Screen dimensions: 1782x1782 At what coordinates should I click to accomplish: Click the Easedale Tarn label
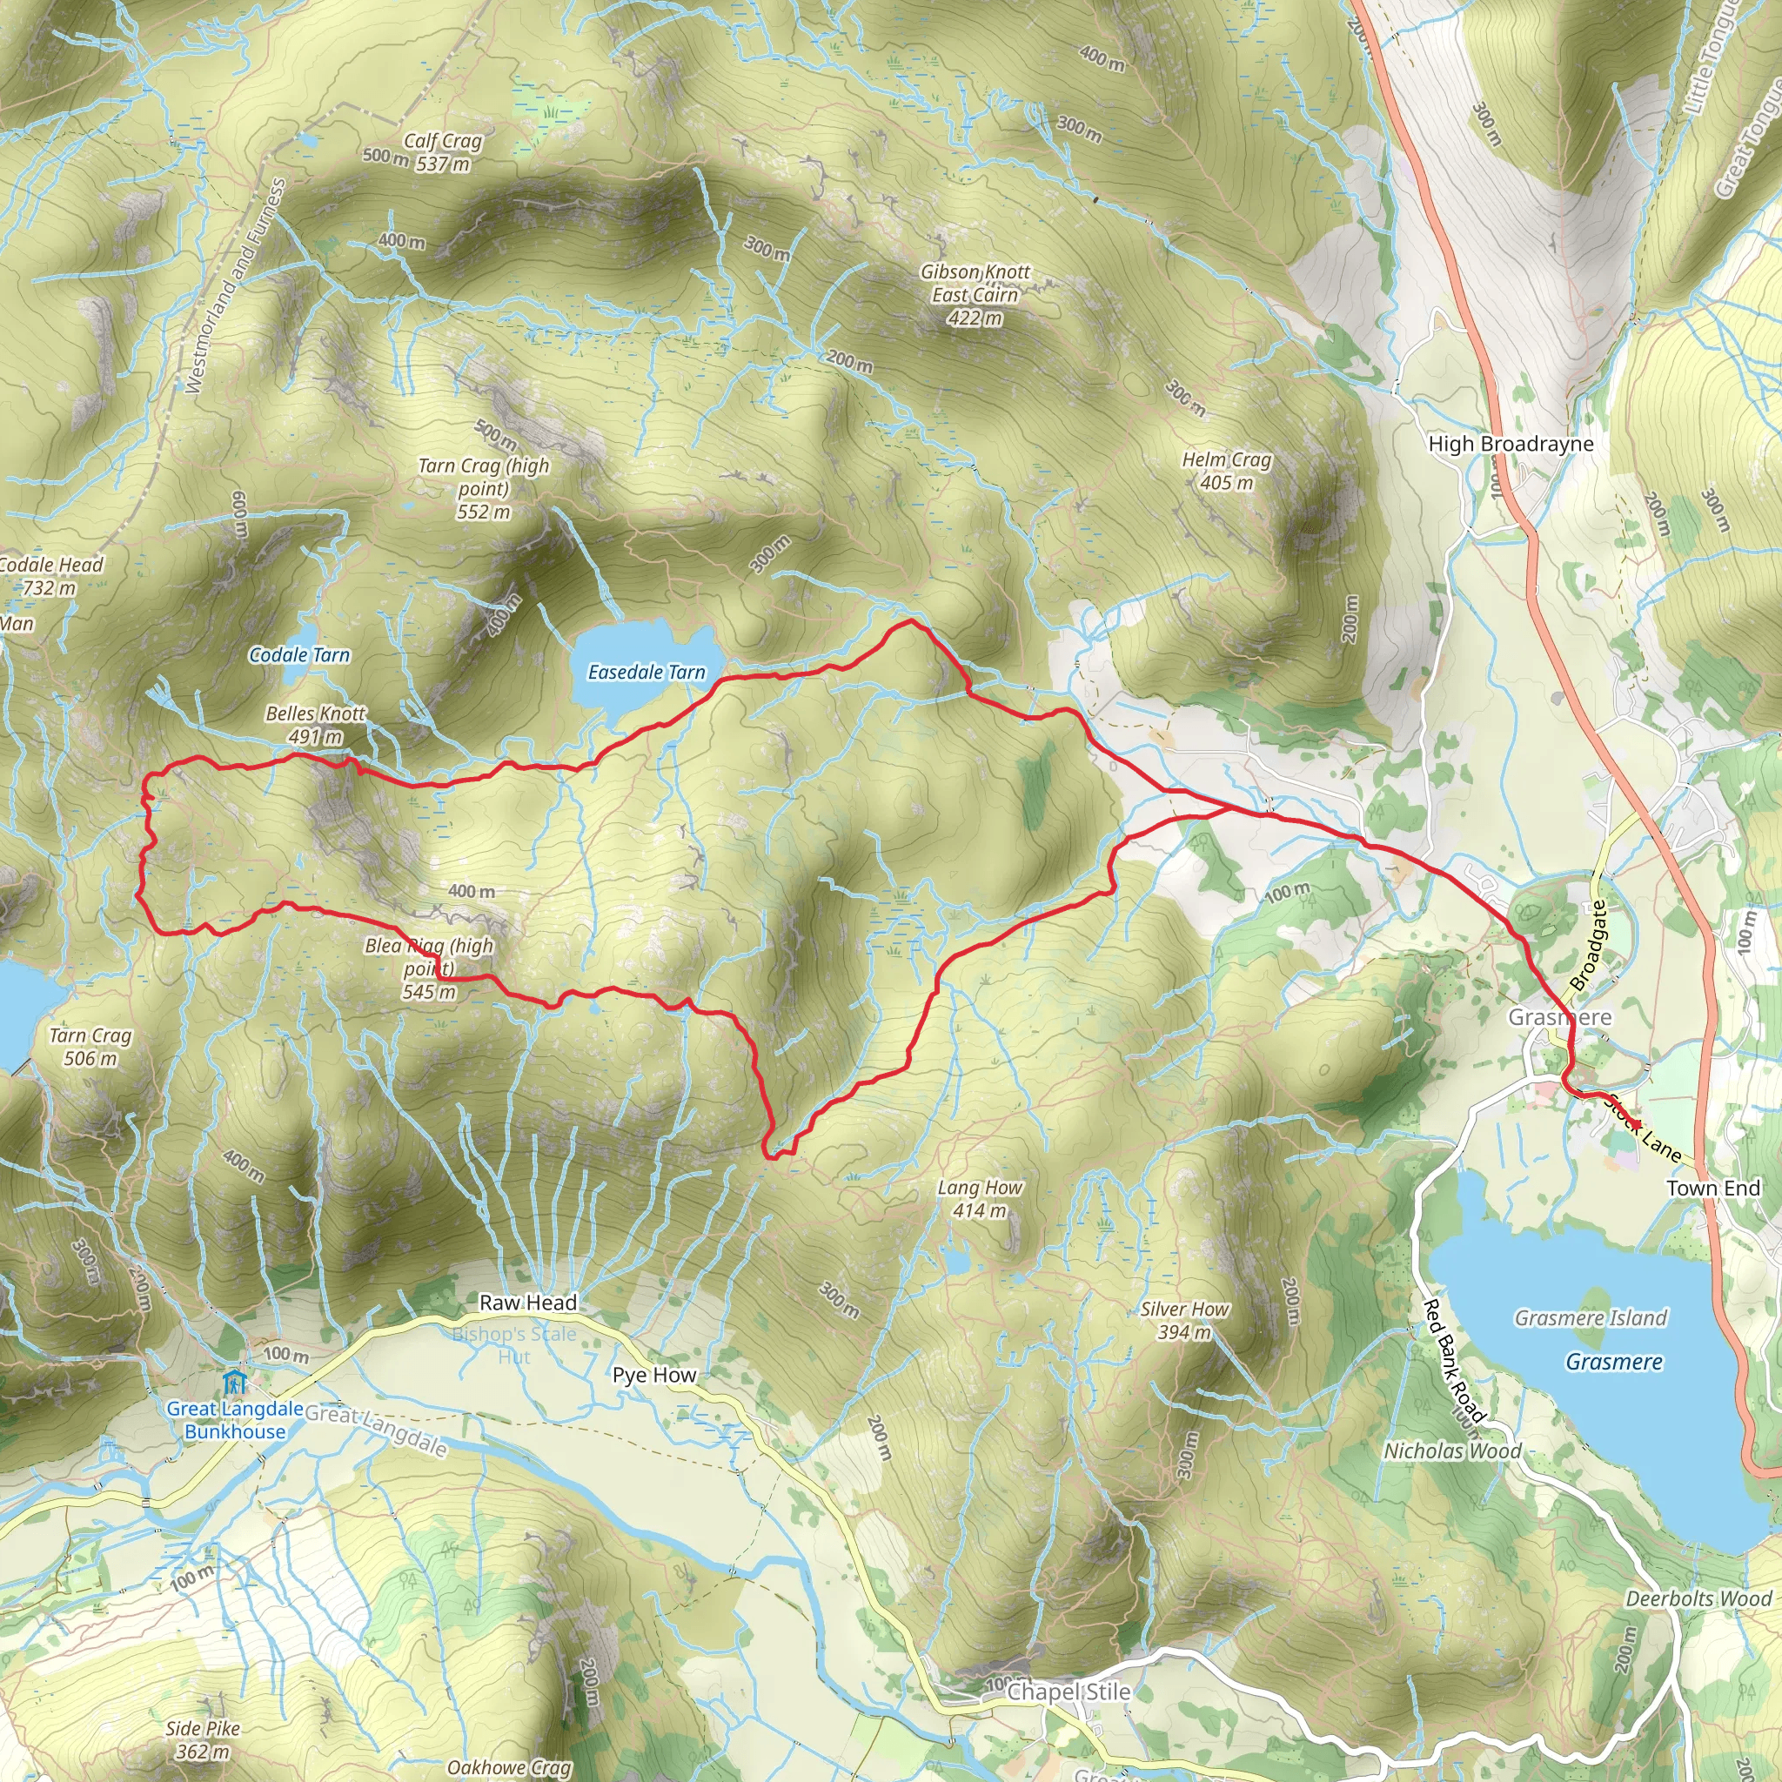tap(646, 673)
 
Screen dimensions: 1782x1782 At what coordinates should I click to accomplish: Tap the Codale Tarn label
tap(300, 655)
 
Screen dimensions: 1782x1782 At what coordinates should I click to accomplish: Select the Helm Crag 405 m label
tap(1227, 471)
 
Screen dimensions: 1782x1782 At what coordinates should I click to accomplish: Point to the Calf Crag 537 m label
tap(443, 152)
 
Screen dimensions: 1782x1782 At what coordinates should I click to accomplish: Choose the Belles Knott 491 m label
tap(316, 725)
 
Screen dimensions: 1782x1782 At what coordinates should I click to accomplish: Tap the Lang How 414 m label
tap(980, 1199)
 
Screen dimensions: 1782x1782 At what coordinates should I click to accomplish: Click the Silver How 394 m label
tap(1184, 1320)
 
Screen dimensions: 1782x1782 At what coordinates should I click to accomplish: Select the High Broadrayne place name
tap(1511, 444)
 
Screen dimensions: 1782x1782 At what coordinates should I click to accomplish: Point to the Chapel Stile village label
tap(1069, 1692)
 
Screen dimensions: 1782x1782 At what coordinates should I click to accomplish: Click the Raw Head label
tap(528, 1303)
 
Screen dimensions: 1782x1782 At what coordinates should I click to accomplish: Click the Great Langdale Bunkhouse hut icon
tap(234, 1383)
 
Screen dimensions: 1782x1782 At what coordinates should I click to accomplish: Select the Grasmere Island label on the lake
tap(1591, 1318)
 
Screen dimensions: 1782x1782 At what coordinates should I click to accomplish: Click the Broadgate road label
tap(1587, 946)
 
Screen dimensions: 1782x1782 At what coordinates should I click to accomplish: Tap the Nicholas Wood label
tap(1453, 1450)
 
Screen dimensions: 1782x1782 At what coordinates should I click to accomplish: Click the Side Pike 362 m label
tap(203, 1739)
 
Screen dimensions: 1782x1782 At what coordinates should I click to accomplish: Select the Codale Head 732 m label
tap(50, 575)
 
